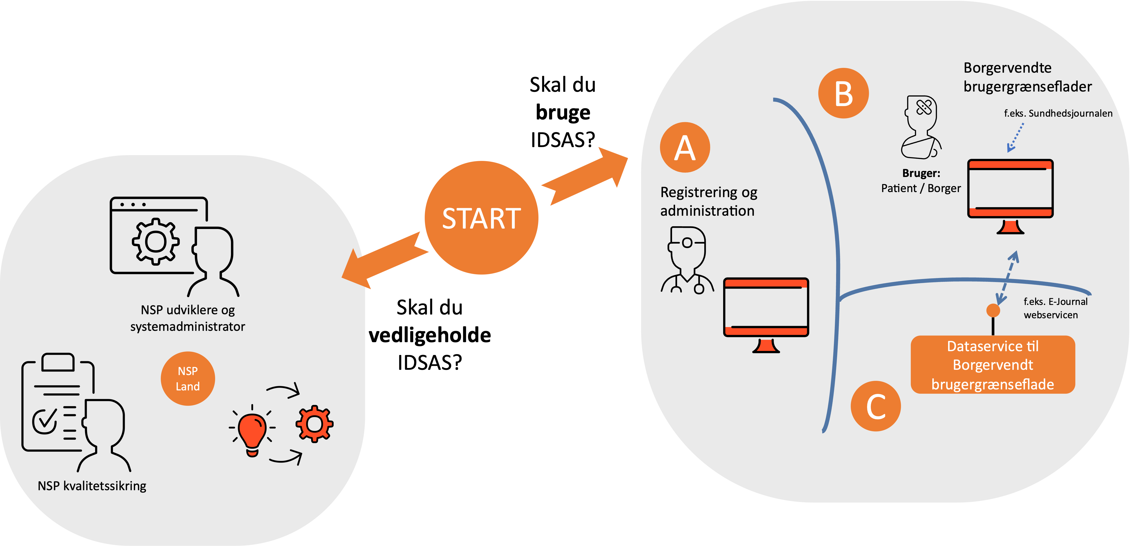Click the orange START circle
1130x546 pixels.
481,218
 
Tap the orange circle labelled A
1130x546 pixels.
685,147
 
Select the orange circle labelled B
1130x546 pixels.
843,93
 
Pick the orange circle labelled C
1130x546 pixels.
876,406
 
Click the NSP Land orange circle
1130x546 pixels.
188,379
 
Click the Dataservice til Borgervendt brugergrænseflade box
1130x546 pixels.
993,365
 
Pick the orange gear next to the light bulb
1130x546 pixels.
314,424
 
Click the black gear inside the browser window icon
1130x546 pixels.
155,241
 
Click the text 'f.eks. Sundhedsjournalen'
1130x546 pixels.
1058,113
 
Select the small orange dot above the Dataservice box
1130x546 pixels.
993,310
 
